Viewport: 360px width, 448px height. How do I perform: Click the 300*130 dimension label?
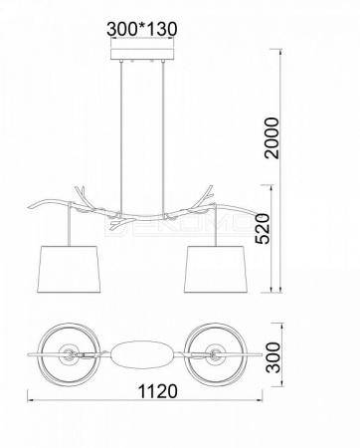(142, 29)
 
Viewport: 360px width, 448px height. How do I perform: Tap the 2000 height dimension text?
(273, 137)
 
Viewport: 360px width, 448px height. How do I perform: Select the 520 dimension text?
(264, 229)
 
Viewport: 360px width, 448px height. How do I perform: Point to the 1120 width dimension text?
(157, 391)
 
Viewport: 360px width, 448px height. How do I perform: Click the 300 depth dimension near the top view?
(273, 357)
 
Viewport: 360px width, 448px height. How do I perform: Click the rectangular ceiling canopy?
(142, 55)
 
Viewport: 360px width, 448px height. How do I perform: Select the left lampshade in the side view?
(69, 270)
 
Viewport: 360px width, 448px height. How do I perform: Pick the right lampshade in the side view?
(215, 270)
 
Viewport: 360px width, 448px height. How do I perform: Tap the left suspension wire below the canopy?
(121, 137)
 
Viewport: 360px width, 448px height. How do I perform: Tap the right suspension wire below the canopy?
(163, 137)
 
